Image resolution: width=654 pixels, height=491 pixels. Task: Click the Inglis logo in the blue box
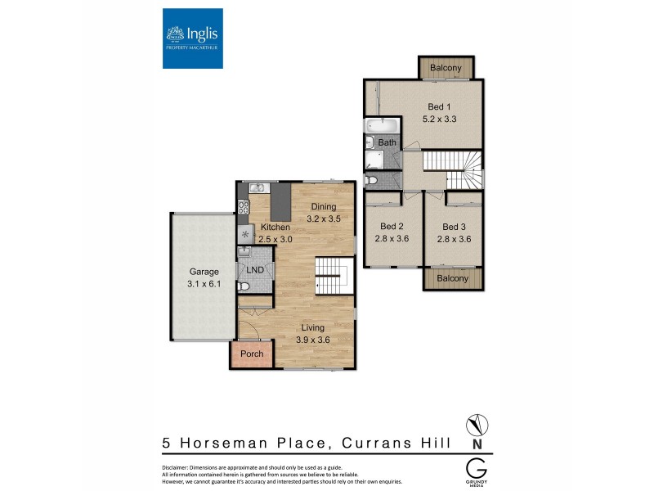tap(193, 37)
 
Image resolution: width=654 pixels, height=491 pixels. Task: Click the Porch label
tap(252, 354)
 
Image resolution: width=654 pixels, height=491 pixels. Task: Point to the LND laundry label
tap(255, 270)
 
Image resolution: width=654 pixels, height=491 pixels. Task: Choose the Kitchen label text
tap(275, 226)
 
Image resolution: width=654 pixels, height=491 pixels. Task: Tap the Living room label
tap(312, 328)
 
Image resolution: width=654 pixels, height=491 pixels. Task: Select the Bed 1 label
tap(439, 107)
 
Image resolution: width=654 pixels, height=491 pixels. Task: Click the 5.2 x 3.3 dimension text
tap(439, 119)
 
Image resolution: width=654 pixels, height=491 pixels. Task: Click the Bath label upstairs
tap(387, 143)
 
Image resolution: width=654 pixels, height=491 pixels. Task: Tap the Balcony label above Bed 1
tap(446, 68)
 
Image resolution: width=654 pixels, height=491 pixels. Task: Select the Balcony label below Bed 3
tap(453, 278)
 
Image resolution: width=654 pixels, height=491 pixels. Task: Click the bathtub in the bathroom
tap(381, 126)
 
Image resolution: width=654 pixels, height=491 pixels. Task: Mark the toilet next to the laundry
tap(244, 286)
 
